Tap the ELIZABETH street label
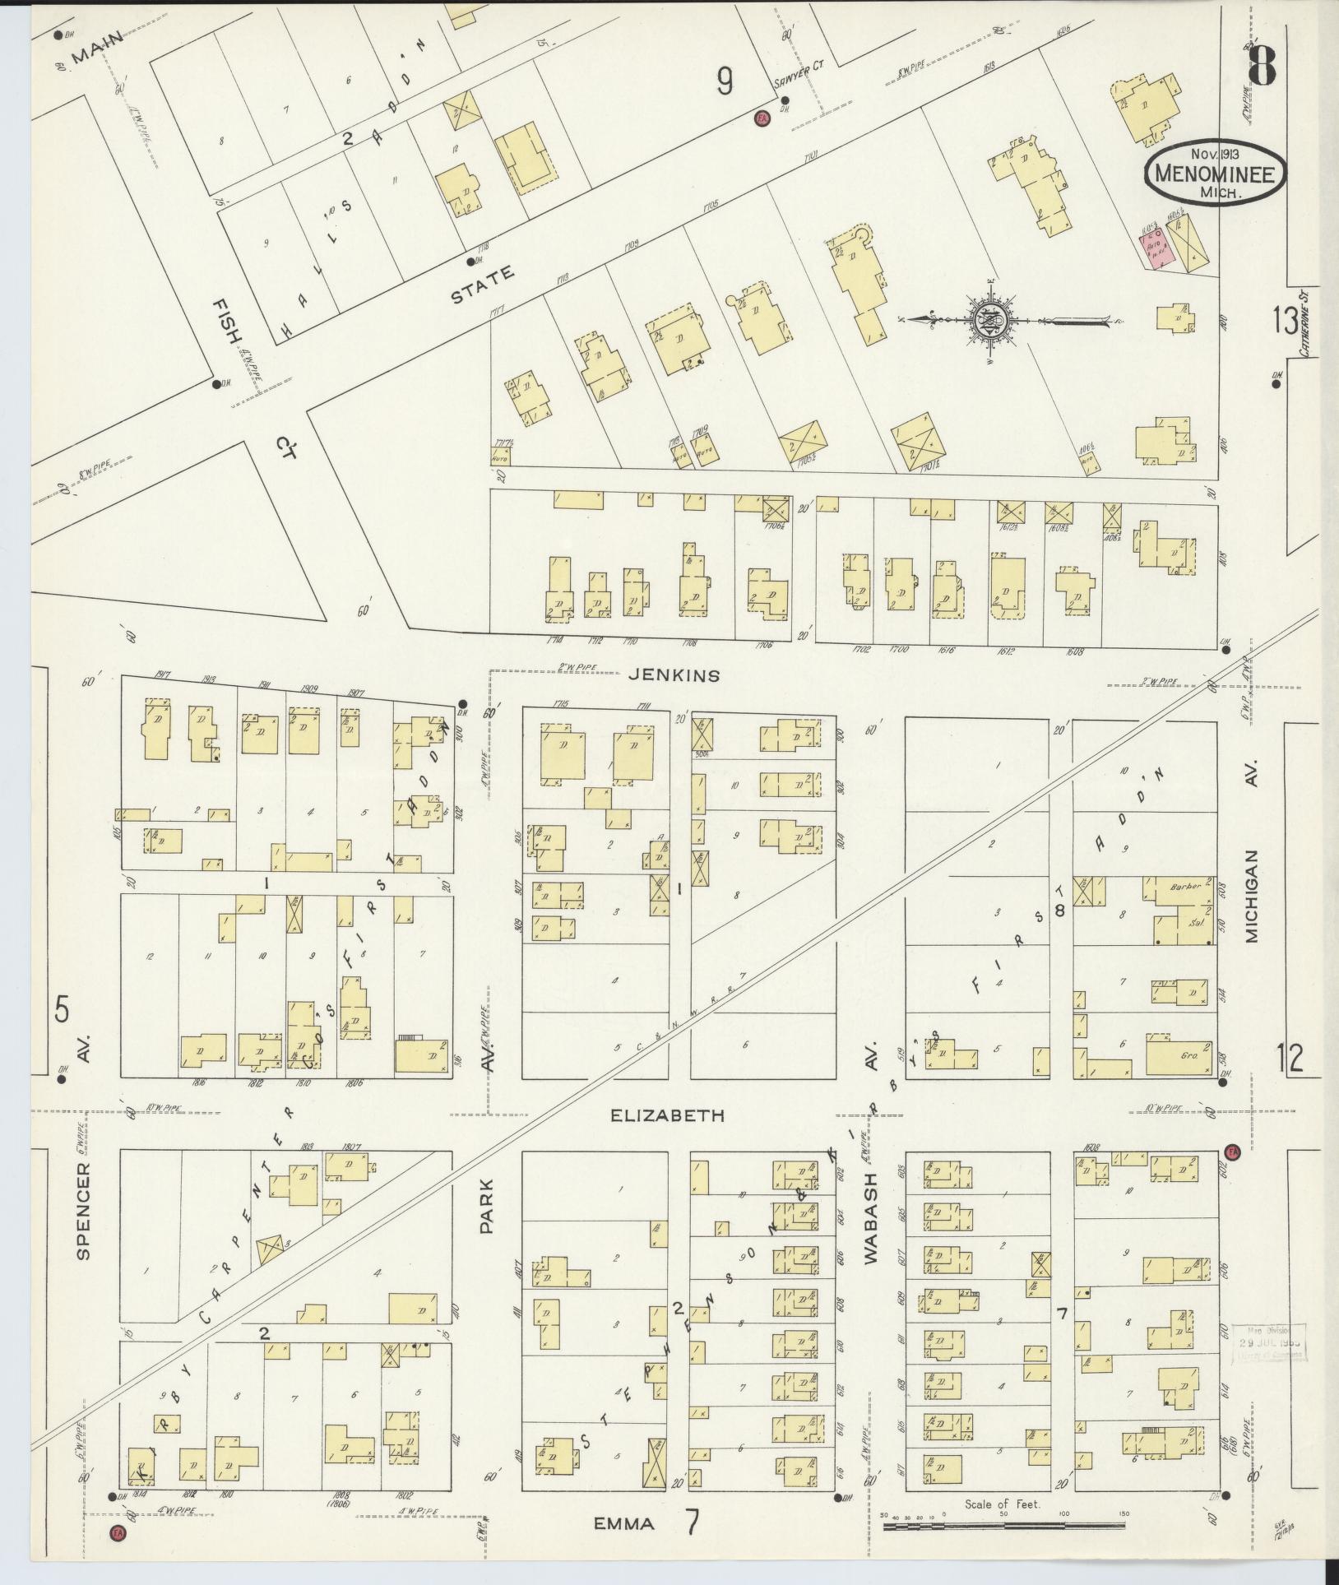pyautogui.click(x=667, y=1116)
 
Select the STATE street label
pyautogui.click(x=482, y=285)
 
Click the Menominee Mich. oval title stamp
pyautogui.click(x=1207, y=174)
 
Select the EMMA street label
pyautogui.click(x=625, y=1524)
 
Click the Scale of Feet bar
pyautogui.click(x=1003, y=1526)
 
